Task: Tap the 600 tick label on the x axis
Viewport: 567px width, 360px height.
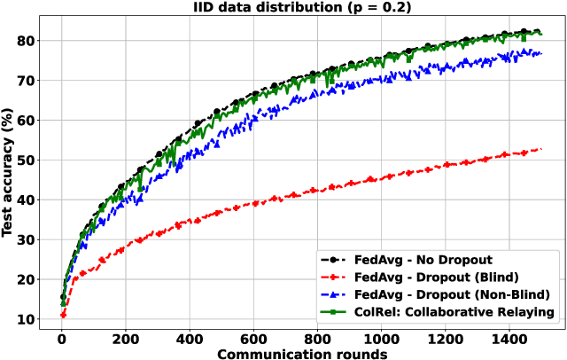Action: coord(254,337)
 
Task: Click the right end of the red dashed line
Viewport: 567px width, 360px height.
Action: coord(540,149)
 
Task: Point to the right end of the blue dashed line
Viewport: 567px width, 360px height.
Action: coord(540,53)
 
